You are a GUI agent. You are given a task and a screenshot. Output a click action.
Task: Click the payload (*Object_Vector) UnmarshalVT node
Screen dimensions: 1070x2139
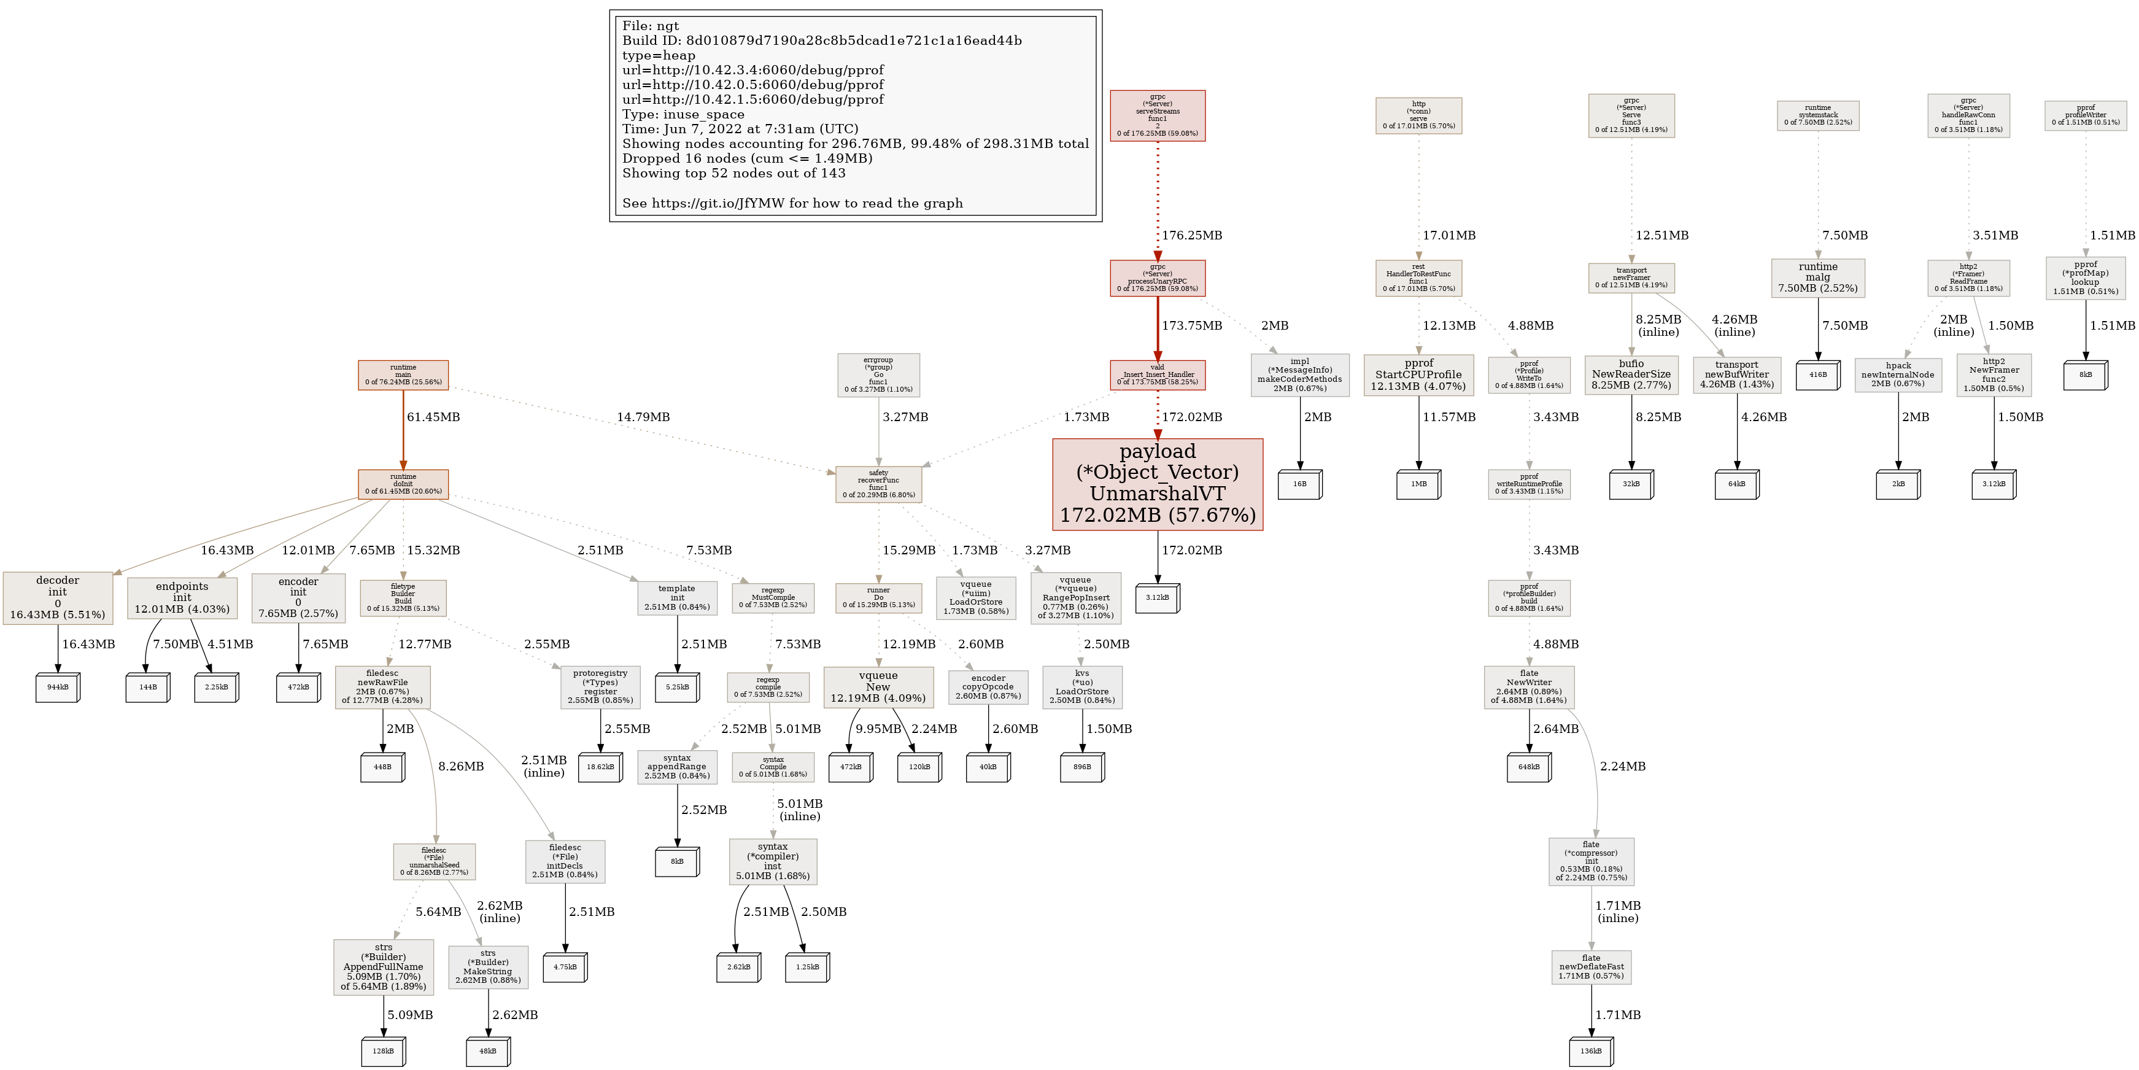point(1157,484)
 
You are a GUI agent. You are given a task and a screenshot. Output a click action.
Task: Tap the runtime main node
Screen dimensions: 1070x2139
point(403,374)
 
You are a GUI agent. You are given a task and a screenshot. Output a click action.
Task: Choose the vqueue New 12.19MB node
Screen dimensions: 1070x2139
point(878,687)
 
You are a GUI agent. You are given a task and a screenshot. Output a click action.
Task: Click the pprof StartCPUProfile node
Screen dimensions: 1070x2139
point(1418,374)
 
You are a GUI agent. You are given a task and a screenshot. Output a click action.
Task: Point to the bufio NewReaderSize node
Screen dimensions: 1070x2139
point(1631,374)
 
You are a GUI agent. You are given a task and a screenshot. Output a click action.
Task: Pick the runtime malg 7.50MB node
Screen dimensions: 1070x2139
point(1817,277)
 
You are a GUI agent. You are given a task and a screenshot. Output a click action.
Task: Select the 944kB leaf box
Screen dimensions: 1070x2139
point(57,687)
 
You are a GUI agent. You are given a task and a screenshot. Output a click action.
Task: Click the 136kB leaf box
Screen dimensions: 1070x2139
point(1591,1051)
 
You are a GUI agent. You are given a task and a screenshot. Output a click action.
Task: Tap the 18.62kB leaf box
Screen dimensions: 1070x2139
point(600,767)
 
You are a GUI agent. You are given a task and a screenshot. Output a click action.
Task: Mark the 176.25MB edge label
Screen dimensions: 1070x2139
point(1191,235)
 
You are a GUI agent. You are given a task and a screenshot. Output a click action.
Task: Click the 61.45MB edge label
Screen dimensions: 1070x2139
point(433,417)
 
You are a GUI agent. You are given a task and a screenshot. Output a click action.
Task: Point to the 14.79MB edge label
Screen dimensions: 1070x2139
point(643,417)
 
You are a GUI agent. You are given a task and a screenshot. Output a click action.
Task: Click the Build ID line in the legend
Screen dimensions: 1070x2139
point(821,41)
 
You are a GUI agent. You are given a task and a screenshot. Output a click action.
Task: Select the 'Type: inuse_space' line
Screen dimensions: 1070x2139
point(683,115)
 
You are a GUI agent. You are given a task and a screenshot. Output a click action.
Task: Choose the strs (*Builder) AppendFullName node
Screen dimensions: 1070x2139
point(383,967)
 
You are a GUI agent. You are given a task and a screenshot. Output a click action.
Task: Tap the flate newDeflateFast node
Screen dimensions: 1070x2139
point(1591,967)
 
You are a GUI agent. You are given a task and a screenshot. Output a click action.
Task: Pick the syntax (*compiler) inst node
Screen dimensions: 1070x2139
point(772,861)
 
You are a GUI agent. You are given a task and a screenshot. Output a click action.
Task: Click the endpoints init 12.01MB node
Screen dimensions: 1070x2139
point(182,597)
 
